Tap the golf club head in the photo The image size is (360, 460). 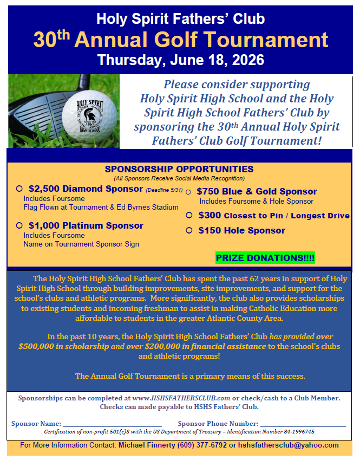tap(38, 111)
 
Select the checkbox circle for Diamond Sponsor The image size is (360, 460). tap(19, 189)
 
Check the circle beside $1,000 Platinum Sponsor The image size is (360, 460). tap(19, 225)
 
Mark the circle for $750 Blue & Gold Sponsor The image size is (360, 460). tap(189, 191)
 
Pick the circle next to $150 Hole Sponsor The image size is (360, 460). tap(189, 230)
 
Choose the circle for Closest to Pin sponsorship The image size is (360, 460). tap(189, 215)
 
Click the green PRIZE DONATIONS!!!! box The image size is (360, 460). tap(265, 258)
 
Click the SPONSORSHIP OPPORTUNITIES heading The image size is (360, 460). tap(179, 169)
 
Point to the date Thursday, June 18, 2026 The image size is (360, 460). tap(180, 59)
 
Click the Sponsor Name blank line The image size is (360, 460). tap(112, 423)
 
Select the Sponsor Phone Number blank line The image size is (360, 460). tap(303, 423)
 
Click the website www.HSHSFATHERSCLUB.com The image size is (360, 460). tap(181, 398)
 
